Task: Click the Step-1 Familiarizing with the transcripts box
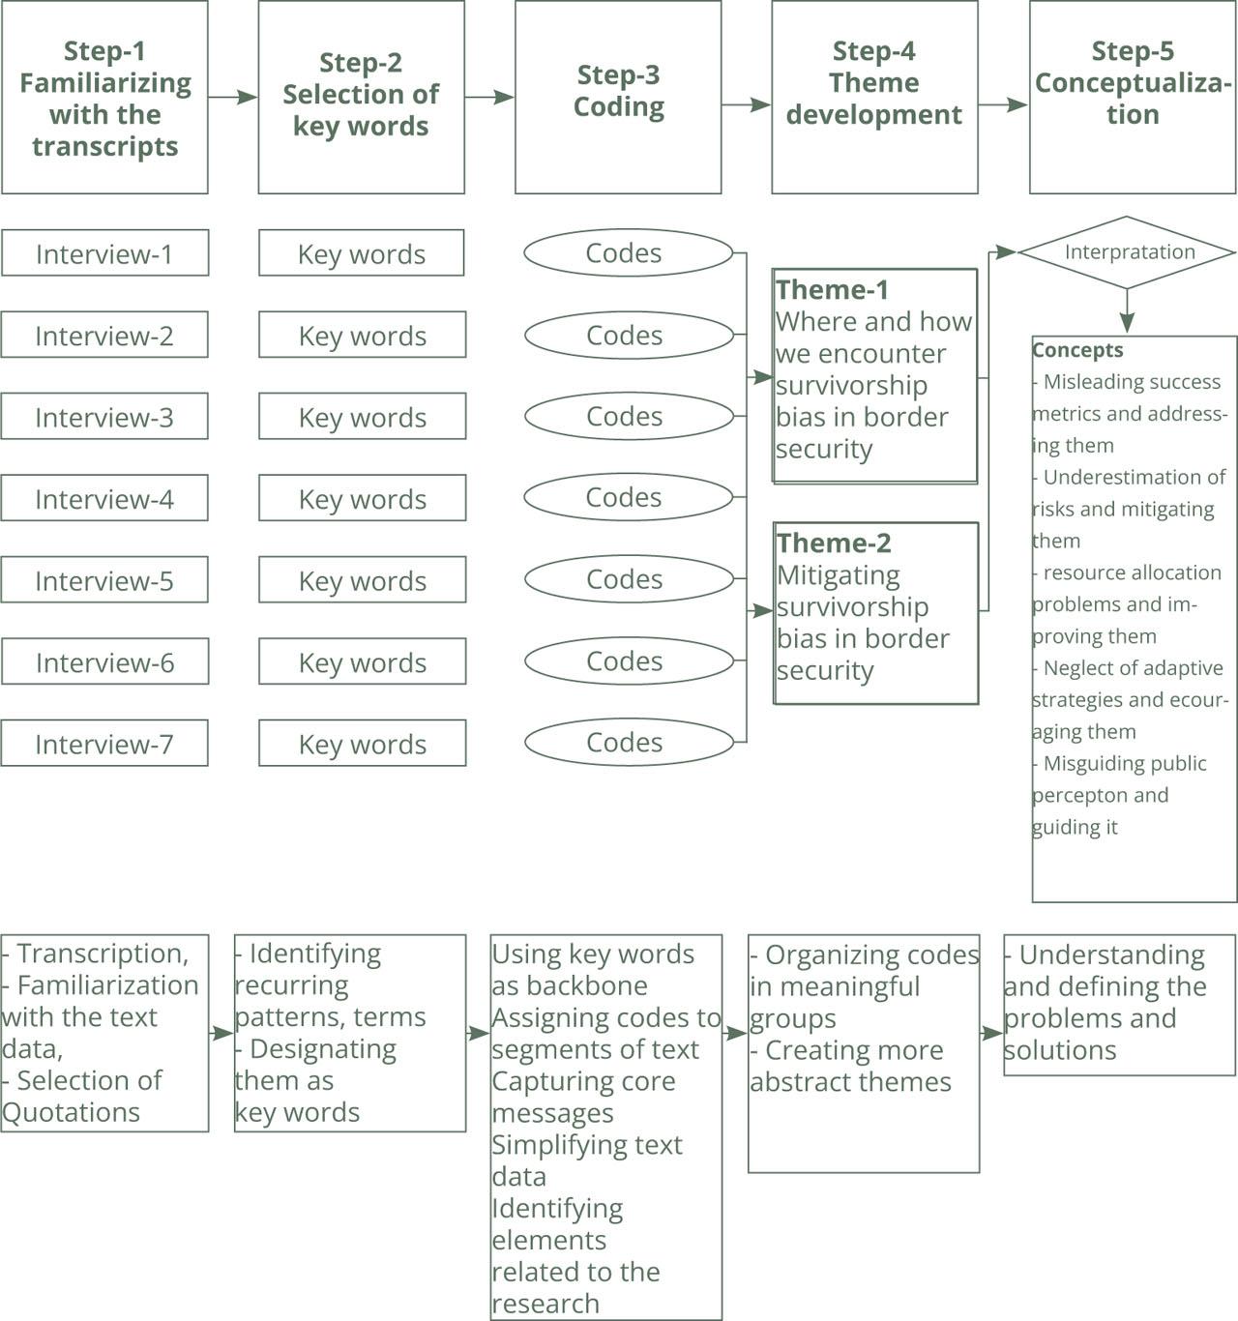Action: (x=104, y=97)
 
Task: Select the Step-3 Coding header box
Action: (x=618, y=97)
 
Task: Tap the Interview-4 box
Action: (x=104, y=497)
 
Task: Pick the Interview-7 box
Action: (x=104, y=743)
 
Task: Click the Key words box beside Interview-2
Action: (x=362, y=335)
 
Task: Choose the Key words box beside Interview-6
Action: (x=362, y=661)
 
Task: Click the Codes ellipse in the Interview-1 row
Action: (x=629, y=252)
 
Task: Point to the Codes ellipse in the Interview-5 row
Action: (x=629, y=578)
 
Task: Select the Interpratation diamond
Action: (x=1126, y=252)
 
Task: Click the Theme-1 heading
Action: (x=832, y=289)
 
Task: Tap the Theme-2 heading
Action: (x=834, y=543)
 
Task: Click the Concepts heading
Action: (x=1077, y=350)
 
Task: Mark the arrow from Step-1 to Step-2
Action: (x=233, y=97)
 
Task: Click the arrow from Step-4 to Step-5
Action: (x=1003, y=104)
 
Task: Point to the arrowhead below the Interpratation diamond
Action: (x=1126, y=322)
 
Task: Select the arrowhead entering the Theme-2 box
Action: (x=763, y=610)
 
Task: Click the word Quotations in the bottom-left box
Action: (x=72, y=1112)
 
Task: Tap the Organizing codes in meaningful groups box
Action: (x=864, y=1053)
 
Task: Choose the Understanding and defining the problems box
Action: (x=1120, y=1005)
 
